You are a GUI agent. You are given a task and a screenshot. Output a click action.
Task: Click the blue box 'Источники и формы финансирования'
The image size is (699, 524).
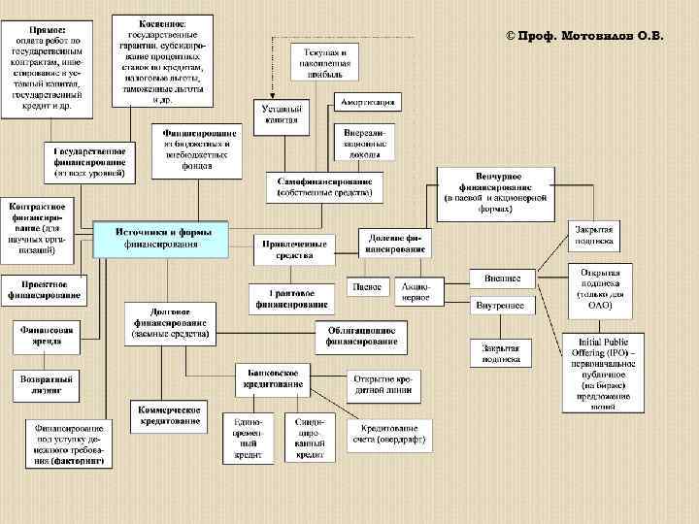pyautogui.click(x=160, y=239)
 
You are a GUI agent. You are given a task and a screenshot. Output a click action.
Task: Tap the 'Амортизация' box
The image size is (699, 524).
pyautogui.click(x=366, y=102)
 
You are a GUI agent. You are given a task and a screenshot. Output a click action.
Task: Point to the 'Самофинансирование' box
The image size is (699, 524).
pyautogui.click(x=324, y=187)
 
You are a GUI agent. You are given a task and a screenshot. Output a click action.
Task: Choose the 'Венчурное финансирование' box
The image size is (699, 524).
pyautogui.click(x=495, y=191)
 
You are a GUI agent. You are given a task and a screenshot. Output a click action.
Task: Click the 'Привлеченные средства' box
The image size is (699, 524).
pyautogui.click(x=293, y=248)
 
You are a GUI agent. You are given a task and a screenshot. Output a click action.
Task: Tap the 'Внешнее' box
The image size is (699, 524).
pyautogui.click(x=502, y=278)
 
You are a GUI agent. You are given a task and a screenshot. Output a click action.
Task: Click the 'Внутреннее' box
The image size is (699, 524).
pyautogui.click(x=502, y=306)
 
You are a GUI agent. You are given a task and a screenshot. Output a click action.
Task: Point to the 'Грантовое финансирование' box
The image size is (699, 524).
pyautogui.click(x=288, y=299)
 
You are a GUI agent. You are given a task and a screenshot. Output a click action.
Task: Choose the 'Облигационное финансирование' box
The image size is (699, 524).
pyautogui.click(x=362, y=335)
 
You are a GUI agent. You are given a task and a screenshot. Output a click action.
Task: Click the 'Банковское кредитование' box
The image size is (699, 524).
pyautogui.click(x=272, y=378)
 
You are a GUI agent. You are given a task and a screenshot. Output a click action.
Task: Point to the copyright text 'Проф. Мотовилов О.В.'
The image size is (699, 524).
pyautogui.click(x=584, y=35)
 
